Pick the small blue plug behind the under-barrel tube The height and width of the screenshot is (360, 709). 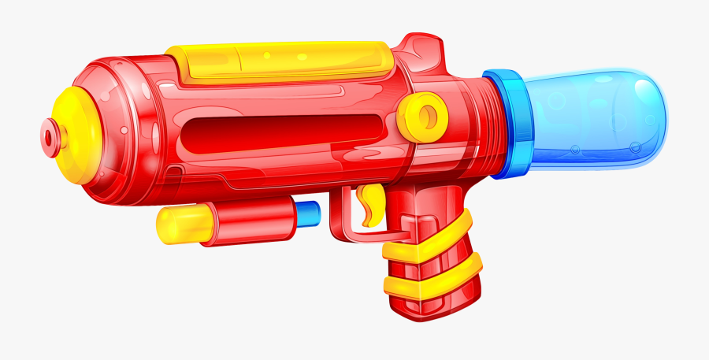tap(309, 213)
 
